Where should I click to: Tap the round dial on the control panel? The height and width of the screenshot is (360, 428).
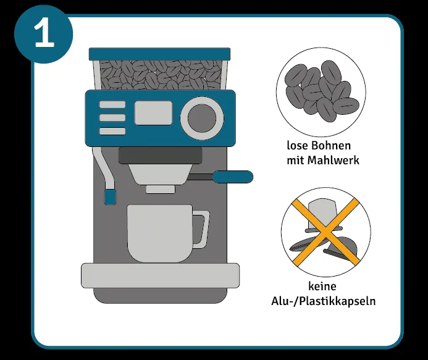coord(202,117)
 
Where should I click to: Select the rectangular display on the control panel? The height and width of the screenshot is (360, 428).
coord(154,113)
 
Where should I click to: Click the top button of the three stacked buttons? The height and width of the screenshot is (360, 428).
coord(112,104)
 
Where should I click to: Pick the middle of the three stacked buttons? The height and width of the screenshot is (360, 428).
coord(112,117)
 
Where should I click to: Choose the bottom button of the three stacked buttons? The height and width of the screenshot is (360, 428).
coord(112,130)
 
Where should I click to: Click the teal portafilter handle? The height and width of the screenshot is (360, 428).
coord(233,177)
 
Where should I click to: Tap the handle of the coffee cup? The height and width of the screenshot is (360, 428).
coord(201,228)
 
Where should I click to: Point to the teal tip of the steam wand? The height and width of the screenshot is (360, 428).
coord(110,197)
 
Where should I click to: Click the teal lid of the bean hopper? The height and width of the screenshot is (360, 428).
coord(159,54)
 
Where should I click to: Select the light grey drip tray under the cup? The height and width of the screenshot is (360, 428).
coord(160,275)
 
